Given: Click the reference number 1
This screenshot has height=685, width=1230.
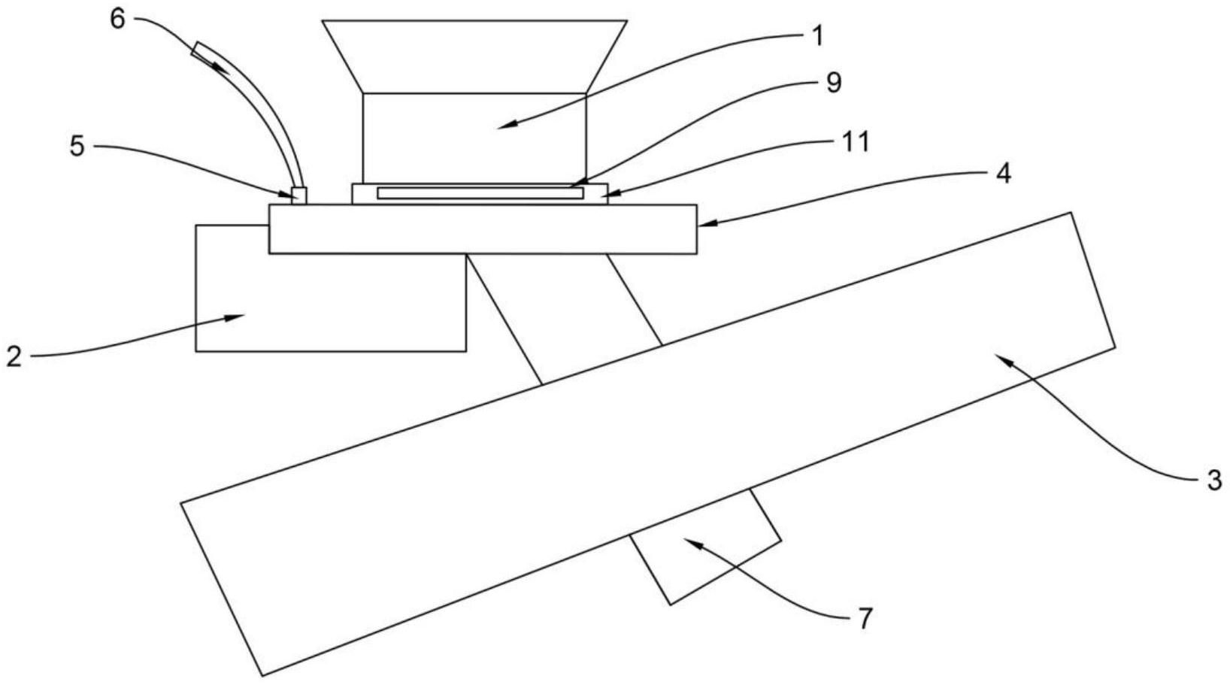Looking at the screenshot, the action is [x=818, y=35].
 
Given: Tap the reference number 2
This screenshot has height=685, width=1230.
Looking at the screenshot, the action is [x=14, y=355].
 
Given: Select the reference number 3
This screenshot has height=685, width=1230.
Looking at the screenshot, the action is [x=1214, y=480].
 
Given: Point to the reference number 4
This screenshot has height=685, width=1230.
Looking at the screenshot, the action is [x=1003, y=173].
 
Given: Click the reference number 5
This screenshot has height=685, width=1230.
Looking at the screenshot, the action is [x=77, y=146].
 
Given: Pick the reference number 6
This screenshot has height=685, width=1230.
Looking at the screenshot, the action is [x=118, y=19].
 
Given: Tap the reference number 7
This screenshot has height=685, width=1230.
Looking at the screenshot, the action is [x=865, y=619].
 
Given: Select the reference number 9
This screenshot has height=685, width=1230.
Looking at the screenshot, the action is [x=833, y=83].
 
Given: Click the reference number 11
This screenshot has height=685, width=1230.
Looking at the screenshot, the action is [x=856, y=141].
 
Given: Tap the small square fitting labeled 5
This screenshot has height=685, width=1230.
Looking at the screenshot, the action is [x=298, y=195].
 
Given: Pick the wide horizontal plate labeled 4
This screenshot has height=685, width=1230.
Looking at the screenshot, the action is [x=482, y=229].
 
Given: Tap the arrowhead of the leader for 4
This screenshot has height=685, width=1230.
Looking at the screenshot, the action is [x=700, y=223].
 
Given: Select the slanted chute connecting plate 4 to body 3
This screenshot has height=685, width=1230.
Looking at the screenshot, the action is [x=564, y=316].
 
